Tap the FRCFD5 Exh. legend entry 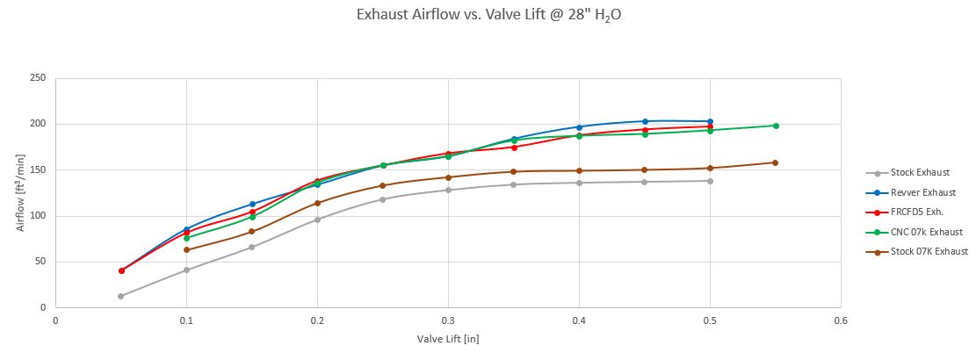pyautogui.click(x=914, y=212)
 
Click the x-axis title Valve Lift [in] pyautogui.click(x=448, y=338)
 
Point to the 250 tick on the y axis pyautogui.click(x=38, y=78)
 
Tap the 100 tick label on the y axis pyautogui.click(x=38, y=216)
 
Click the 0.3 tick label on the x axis pyautogui.click(x=448, y=321)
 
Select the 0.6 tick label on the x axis pyautogui.click(x=841, y=321)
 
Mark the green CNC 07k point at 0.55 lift pyautogui.click(x=776, y=126)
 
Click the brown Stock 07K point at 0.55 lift pyautogui.click(x=775, y=162)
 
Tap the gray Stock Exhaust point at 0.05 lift pyautogui.click(x=120, y=296)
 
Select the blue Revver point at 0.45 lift pyautogui.click(x=645, y=121)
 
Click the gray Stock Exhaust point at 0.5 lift pyautogui.click(x=710, y=181)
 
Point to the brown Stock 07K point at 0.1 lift pyautogui.click(x=186, y=249)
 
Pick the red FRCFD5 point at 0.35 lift pyautogui.click(x=514, y=147)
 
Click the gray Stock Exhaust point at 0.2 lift pyautogui.click(x=317, y=220)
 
